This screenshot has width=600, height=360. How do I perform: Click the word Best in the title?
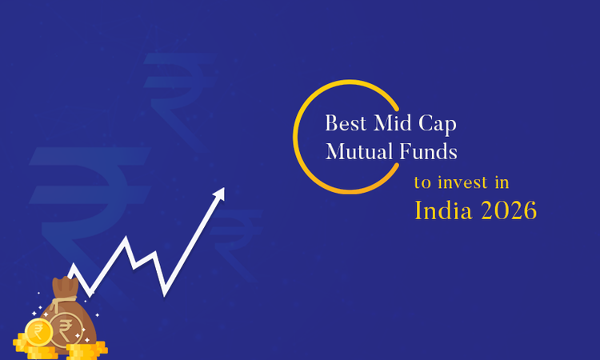pyautogui.click(x=342, y=125)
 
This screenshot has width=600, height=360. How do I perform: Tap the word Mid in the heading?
pyautogui.click(x=391, y=125)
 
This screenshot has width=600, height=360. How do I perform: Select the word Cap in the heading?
pyautogui.click(x=437, y=126)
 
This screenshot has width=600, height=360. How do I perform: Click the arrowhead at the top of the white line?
pyautogui.click(x=218, y=194)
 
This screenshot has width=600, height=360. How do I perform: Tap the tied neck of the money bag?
pyautogui.click(x=65, y=293)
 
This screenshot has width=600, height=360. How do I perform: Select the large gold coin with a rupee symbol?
pyautogui.click(x=38, y=330)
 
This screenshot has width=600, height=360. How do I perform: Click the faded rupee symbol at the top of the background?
pyautogui.click(x=178, y=88)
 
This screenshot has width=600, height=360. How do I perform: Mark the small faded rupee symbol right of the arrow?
pyautogui.click(x=240, y=232)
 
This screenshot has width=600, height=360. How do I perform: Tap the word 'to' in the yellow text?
pyautogui.click(x=421, y=183)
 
